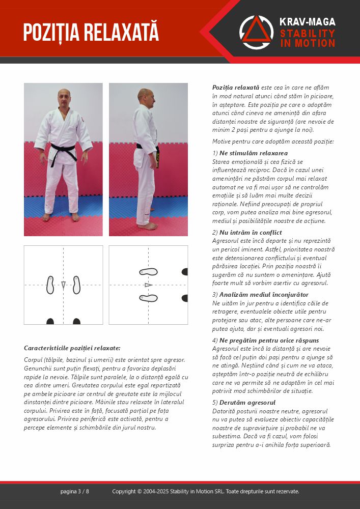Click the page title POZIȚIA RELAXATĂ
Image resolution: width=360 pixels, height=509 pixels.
pyautogui.click(x=91, y=32)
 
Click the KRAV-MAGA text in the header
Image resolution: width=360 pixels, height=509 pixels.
pyautogui.click(x=307, y=22)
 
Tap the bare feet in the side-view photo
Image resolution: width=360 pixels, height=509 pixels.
pyautogui.click(x=148, y=225)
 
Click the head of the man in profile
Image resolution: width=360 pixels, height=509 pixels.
pyautogui.click(x=145, y=97)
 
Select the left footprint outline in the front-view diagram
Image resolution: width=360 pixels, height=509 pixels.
pyautogui.click(x=50, y=285)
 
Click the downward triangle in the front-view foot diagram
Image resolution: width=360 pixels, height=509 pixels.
pyautogui.click(x=63, y=285)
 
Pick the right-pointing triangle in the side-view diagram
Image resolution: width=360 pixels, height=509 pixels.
pyautogui.click(x=148, y=285)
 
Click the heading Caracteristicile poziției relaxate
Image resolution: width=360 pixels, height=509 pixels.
pyautogui.click(x=72, y=348)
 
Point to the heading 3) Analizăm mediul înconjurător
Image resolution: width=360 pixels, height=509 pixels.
pyautogui.click(x=260, y=295)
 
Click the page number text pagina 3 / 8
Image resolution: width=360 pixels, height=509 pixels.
pyautogui.click(x=75, y=491)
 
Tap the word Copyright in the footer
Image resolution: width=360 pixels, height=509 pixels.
pyautogui.click(x=124, y=491)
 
